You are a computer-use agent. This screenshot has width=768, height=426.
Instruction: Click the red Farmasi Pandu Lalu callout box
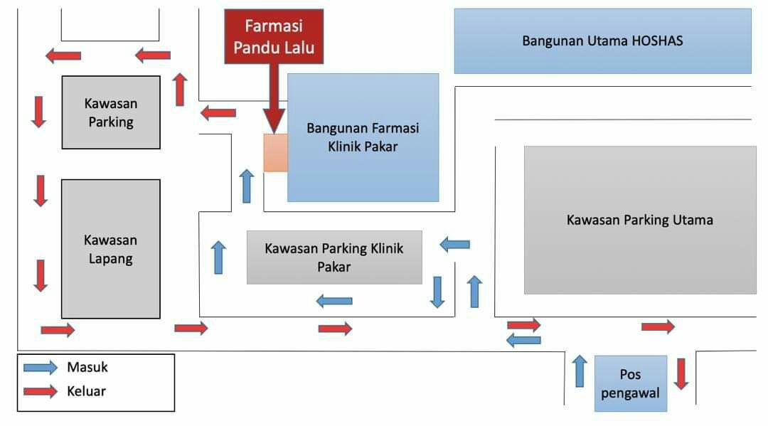[x=274, y=37]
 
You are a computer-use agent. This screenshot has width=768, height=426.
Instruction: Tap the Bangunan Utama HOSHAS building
[x=602, y=41]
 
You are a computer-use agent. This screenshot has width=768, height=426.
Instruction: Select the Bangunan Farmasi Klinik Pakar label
[x=363, y=138]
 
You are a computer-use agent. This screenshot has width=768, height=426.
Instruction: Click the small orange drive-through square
[x=275, y=152]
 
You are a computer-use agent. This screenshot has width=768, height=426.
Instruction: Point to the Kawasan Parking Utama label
[x=639, y=220]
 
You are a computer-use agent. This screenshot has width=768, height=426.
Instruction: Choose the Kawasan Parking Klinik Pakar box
[x=334, y=257]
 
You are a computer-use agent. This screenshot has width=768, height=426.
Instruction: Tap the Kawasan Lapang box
[x=110, y=249]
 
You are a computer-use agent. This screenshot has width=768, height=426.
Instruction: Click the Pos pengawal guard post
[x=631, y=383]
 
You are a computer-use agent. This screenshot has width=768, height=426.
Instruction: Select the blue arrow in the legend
[x=40, y=368]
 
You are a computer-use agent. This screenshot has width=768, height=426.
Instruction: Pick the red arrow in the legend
[x=40, y=390]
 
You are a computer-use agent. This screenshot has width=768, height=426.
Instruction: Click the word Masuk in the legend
[x=87, y=368]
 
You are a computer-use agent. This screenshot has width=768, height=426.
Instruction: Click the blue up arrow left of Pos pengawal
[x=580, y=371]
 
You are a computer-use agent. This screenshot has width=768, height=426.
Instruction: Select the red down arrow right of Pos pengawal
[x=681, y=373]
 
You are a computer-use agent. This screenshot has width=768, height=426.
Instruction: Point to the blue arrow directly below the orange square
[x=247, y=186]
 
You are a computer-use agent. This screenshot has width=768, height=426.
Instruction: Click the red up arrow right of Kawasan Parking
[x=181, y=89]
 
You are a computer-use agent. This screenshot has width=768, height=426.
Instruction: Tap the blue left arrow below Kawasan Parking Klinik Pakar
[x=334, y=301]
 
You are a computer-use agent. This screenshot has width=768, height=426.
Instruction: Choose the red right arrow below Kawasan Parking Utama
[x=658, y=326]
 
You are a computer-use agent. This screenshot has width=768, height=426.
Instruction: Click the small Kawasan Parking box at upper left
[x=110, y=112]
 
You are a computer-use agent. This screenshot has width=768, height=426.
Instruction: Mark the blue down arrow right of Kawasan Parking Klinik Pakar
[x=437, y=292]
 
